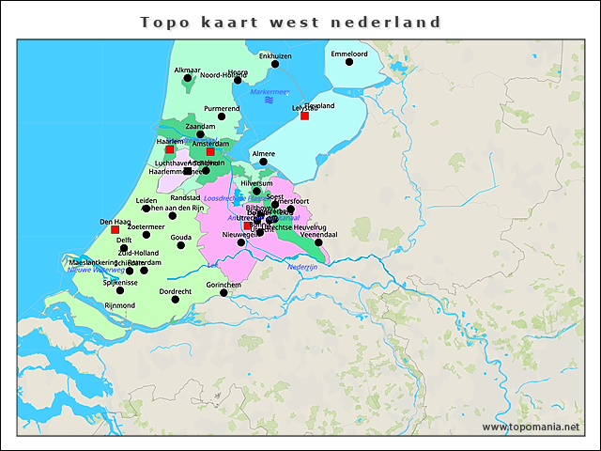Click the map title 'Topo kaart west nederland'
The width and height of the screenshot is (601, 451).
pyautogui.click(x=290, y=21)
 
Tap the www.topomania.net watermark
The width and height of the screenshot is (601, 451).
pyautogui.click(x=531, y=427)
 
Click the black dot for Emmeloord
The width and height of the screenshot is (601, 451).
pyautogui.click(x=348, y=65)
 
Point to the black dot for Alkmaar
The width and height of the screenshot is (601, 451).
pyautogui.click(x=188, y=78)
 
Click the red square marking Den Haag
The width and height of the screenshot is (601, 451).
pyautogui.click(x=115, y=229)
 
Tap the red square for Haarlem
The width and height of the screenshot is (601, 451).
pyautogui.click(x=169, y=149)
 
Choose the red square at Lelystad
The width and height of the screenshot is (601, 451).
pyautogui.click(x=304, y=116)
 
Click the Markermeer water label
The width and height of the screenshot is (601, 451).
pyautogui.click(x=269, y=91)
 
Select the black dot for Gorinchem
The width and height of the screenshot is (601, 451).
pyautogui.click(x=223, y=292)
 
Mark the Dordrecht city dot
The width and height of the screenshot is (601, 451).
pyautogui.click(x=176, y=299)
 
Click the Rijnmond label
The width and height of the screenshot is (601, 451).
pyautogui.click(x=120, y=305)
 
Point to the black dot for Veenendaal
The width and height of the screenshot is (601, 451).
pyautogui.click(x=318, y=241)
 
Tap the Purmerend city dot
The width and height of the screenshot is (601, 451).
pyautogui.click(x=222, y=117)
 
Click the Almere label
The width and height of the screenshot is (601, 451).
pyautogui.click(x=263, y=152)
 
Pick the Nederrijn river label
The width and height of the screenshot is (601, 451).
pyautogui.click(x=303, y=267)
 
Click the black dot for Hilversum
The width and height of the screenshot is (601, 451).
pyautogui.click(x=256, y=191)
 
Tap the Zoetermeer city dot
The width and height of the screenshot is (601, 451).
pyautogui.click(x=146, y=234)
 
